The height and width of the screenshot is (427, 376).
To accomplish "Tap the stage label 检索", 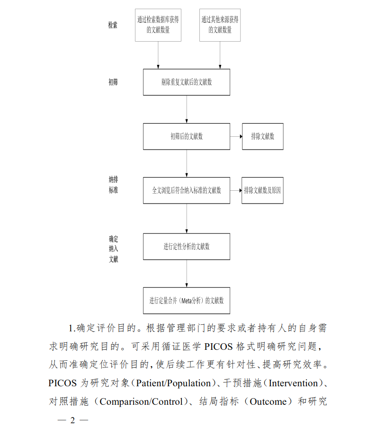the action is [x=113, y=25].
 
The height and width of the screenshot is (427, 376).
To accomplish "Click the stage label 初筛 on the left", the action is [x=113, y=82].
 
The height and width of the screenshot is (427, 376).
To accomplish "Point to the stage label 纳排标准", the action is [x=113, y=185].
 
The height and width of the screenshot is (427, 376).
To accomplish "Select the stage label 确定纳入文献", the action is [x=114, y=249].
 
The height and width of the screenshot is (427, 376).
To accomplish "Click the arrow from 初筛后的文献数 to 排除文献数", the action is [x=236, y=136].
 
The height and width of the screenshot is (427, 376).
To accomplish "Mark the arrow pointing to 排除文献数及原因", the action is [x=236, y=190].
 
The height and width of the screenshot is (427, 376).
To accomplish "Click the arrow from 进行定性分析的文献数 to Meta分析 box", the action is [x=187, y=274].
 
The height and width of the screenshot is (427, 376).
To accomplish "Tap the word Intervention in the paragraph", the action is [x=293, y=383].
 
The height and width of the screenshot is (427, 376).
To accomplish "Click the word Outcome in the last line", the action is [x=268, y=401].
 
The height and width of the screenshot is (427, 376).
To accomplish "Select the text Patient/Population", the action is [x=174, y=383].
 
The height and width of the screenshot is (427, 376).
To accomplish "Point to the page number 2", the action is [x=72, y=420].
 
